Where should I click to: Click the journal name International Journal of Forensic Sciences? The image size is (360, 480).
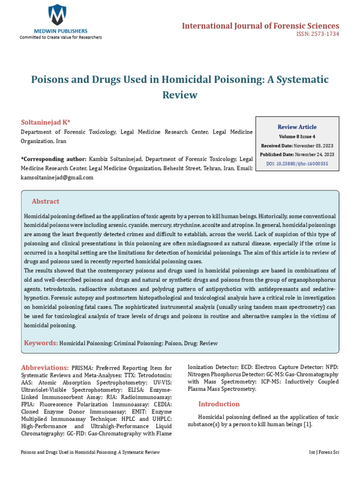[x=260, y=26]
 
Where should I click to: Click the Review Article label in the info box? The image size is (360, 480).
[x=297, y=127]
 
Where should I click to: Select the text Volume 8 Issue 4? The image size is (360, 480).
[x=297, y=136]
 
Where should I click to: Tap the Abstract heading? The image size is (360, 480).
[x=45, y=202]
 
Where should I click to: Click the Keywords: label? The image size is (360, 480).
[x=41, y=343]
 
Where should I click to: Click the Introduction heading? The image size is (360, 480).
[x=219, y=404]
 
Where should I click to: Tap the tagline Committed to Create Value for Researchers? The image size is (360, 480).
[x=60, y=37]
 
